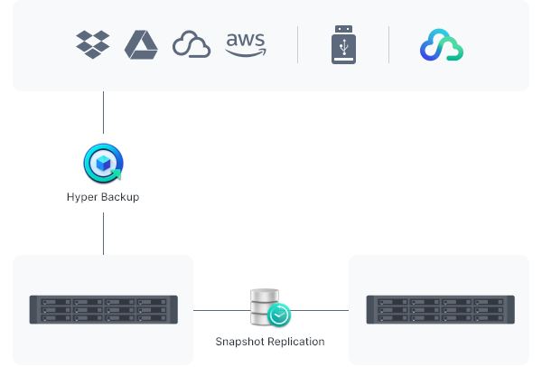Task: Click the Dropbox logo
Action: (93, 44)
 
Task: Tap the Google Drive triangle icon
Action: (142, 44)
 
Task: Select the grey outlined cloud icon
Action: (192, 45)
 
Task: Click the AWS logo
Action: (245, 44)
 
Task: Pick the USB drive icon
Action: (343, 44)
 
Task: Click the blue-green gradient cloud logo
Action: (442, 45)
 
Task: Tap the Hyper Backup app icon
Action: (103, 164)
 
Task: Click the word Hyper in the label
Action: (81, 197)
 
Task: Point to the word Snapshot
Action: (241, 342)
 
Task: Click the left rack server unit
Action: (103, 310)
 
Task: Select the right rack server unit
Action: (440, 310)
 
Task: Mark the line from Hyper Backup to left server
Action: (103, 232)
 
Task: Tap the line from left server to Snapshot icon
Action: (221, 310)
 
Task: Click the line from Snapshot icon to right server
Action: (321, 310)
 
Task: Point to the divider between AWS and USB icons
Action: (298, 44)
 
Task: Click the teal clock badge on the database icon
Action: (280, 315)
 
